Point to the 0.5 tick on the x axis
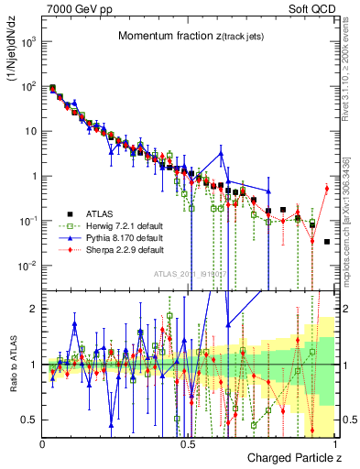188,440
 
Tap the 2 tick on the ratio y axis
34,309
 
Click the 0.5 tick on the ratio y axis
30,420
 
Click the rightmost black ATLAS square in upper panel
327,242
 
